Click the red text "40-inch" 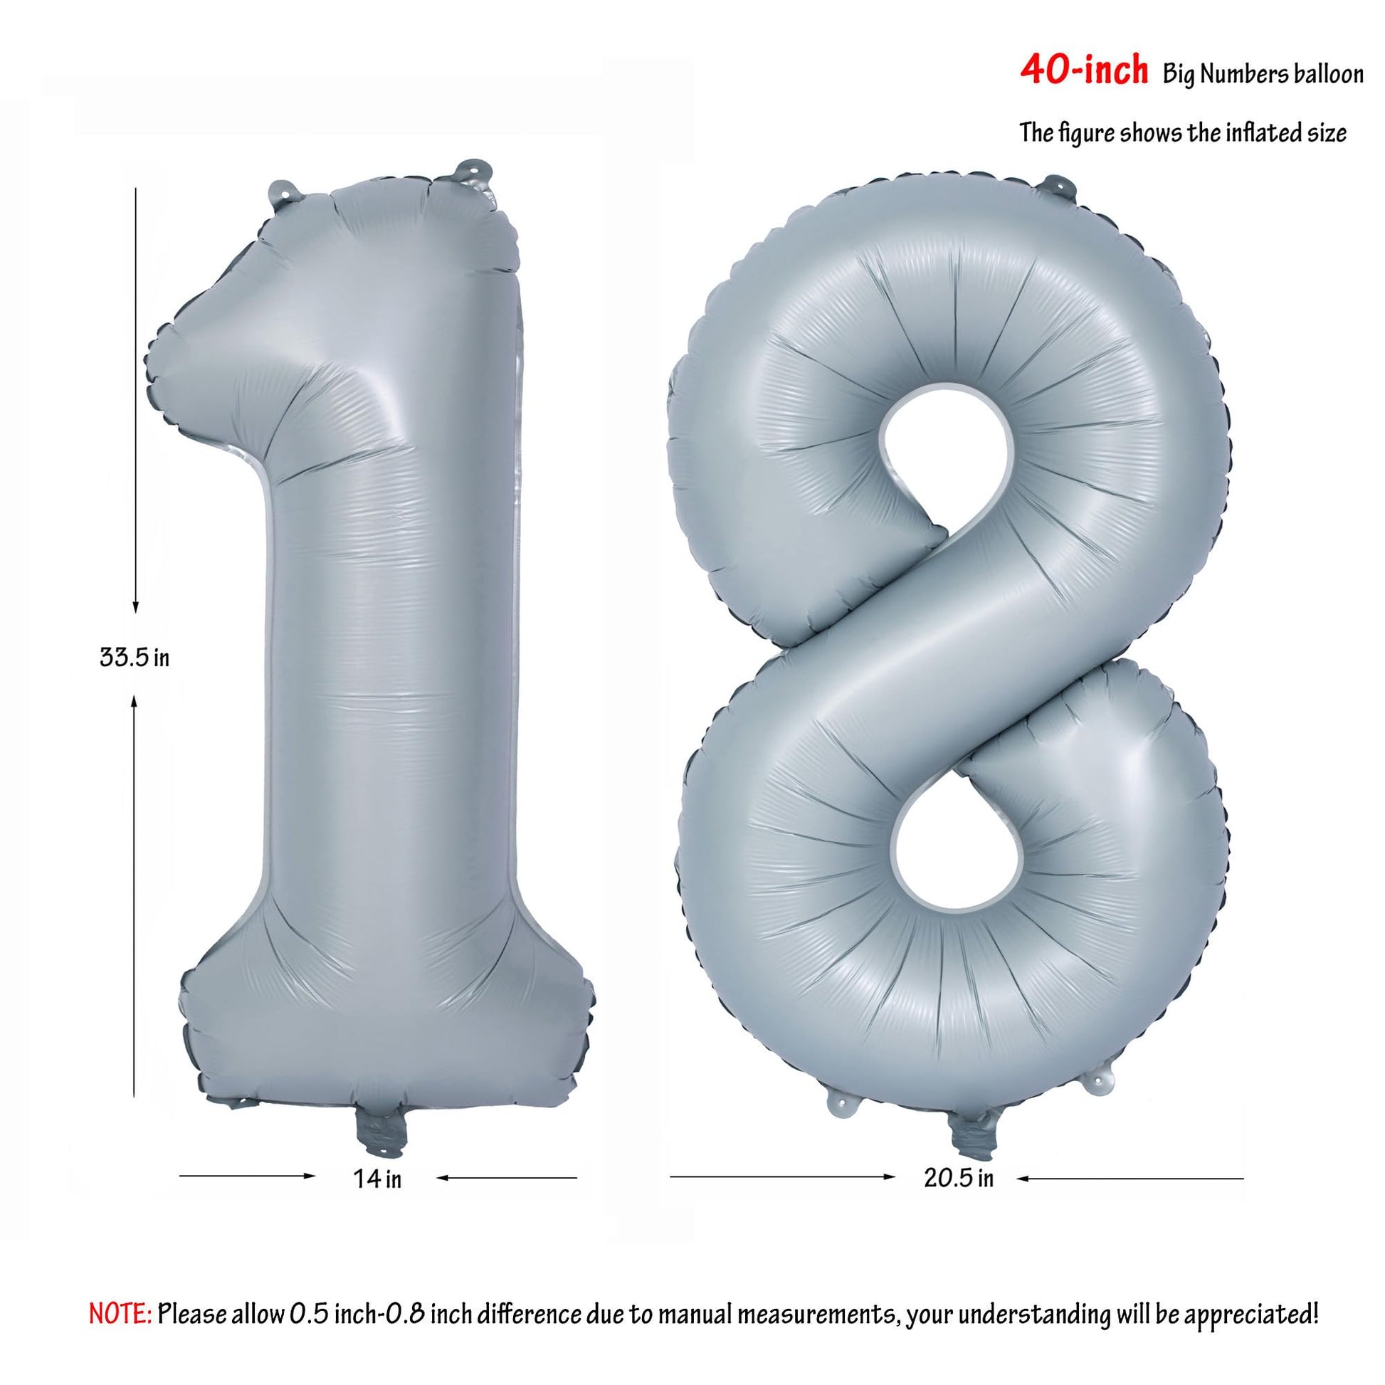(1083, 73)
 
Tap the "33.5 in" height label (135, 658)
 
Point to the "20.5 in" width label (959, 1179)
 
